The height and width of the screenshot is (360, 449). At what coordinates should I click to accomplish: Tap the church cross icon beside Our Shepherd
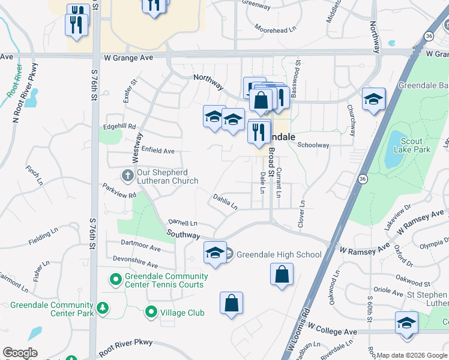pyautogui.click(x=127, y=176)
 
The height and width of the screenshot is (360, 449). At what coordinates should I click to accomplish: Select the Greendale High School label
pyautogui.click(x=279, y=254)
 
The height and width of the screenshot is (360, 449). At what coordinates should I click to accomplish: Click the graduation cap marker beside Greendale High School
pyautogui.click(x=214, y=253)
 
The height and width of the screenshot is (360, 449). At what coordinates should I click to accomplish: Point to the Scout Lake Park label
pyautogui.click(x=412, y=145)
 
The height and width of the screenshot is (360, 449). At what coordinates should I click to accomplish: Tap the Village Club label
pyautogui.click(x=182, y=313)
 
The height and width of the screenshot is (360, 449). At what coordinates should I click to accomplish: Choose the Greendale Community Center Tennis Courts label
pyautogui.click(x=166, y=280)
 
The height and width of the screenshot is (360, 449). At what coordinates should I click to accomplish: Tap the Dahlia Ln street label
pyautogui.click(x=225, y=201)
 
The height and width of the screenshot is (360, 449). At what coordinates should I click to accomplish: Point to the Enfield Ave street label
pyautogui.click(x=157, y=151)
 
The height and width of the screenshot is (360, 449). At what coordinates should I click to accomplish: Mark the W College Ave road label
pyautogui.click(x=333, y=331)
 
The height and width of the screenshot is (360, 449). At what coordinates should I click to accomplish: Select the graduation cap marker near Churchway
pyautogui.click(x=373, y=100)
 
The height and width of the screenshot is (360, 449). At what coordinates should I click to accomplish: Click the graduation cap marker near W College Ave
pyautogui.click(x=406, y=323)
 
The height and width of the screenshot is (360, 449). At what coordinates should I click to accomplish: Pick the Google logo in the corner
pyautogui.click(x=20, y=353)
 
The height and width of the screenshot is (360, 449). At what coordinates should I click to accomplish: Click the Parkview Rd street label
pyautogui.click(x=119, y=191)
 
